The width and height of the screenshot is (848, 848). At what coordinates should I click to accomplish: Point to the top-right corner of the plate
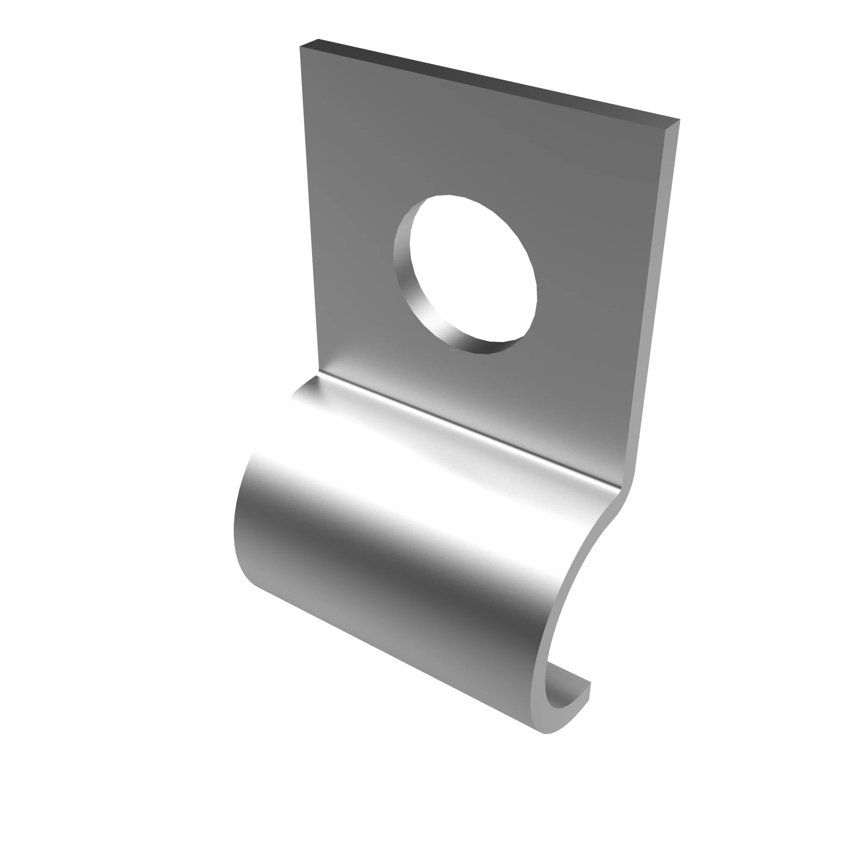678,120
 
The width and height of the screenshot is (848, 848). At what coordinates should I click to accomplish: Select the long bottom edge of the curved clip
395,654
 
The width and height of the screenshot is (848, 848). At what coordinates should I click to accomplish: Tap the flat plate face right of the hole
593,263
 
